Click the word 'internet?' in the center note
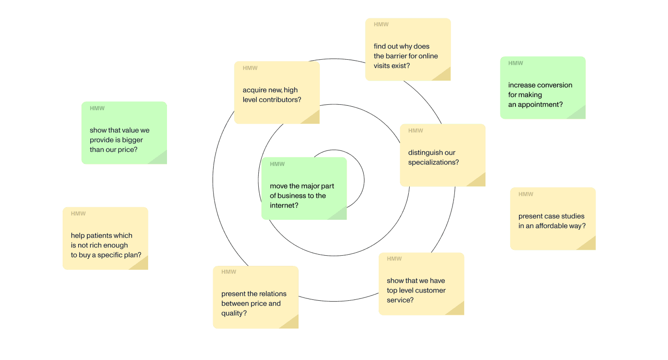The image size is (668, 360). [284, 206]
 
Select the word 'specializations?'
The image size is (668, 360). [434, 163]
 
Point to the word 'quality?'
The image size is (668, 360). [234, 313]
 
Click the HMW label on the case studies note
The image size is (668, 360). [526, 195]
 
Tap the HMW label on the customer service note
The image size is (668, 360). [394, 259]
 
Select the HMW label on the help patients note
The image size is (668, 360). [78, 214]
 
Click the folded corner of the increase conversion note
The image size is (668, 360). [578, 113]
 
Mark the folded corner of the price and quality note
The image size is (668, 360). [290, 323]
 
